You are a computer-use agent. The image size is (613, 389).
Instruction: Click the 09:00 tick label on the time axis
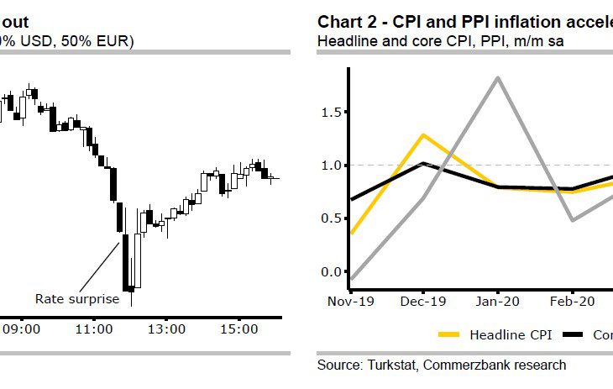21,329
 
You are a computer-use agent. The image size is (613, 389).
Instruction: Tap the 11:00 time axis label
94,329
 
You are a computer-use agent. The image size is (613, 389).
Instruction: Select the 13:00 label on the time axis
166,329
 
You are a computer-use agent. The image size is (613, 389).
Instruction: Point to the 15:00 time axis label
238,329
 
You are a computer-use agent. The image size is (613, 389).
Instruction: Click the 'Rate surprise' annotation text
76,298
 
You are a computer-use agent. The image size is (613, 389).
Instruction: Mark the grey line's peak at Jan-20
499,77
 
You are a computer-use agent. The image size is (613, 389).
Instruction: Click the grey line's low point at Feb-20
573,220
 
